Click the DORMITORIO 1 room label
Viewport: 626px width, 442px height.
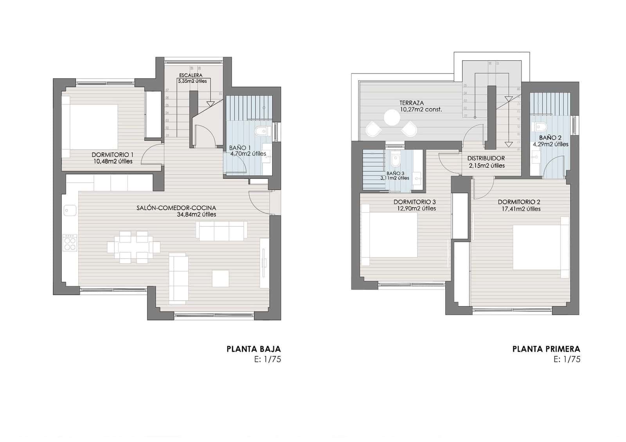pyautogui.click(x=113, y=155)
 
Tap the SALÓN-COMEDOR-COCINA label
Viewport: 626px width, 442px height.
pyautogui.click(x=176, y=208)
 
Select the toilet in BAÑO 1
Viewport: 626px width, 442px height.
pyautogui.click(x=260, y=131)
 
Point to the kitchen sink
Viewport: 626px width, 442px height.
pyautogui.click(x=70, y=210)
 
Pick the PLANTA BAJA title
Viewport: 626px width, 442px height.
pyautogui.click(x=254, y=349)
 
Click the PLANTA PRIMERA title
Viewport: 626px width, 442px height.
pyautogui.click(x=546, y=349)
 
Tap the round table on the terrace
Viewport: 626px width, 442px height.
pyautogui.click(x=391, y=117)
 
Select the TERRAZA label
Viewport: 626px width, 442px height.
pyautogui.click(x=412, y=103)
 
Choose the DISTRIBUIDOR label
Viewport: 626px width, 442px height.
pyautogui.click(x=486, y=158)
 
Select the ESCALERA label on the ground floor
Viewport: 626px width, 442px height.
pyautogui.click(x=191, y=75)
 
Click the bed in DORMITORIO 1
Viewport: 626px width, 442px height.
pyautogui.click(x=92, y=126)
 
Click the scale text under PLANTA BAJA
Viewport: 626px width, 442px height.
pyautogui.click(x=268, y=359)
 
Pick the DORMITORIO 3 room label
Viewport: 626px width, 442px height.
pyautogui.click(x=415, y=202)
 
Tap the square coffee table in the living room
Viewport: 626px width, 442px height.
pyautogui.click(x=221, y=278)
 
